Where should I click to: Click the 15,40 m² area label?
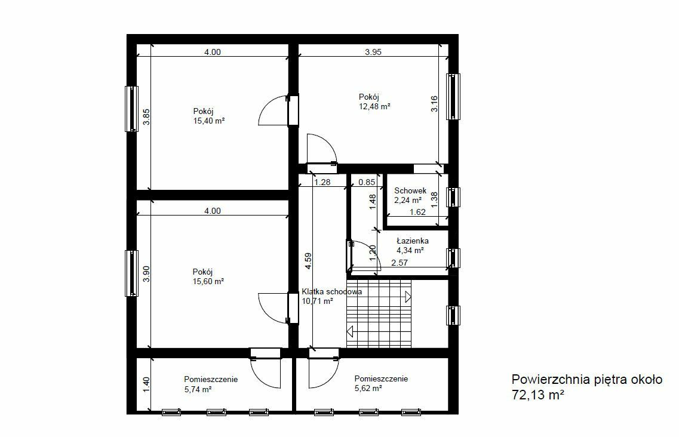(x=209, y=121)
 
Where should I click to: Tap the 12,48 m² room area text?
(x=374, y=106)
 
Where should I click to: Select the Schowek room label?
(x=410, y=190)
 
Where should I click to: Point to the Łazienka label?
(x=413, y=241)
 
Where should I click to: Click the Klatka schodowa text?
(x=331, y=291)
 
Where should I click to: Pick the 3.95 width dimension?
(x=373, y=52)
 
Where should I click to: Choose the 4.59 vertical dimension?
(x=308, y=261)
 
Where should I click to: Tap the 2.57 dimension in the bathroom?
(x=400, y=263)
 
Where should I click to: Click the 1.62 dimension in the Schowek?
(x=417, y=212)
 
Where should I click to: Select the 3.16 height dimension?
(x=434, y=104)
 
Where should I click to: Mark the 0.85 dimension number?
(x=367, y=182)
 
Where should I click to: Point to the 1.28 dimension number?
(x=322, y=182)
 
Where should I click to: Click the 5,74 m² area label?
(x=198, y=389)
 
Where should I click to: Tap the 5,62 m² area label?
(x=368, y=389)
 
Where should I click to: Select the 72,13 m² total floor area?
(x=538, y=395)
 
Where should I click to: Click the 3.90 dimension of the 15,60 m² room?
(x=146, y=273)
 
